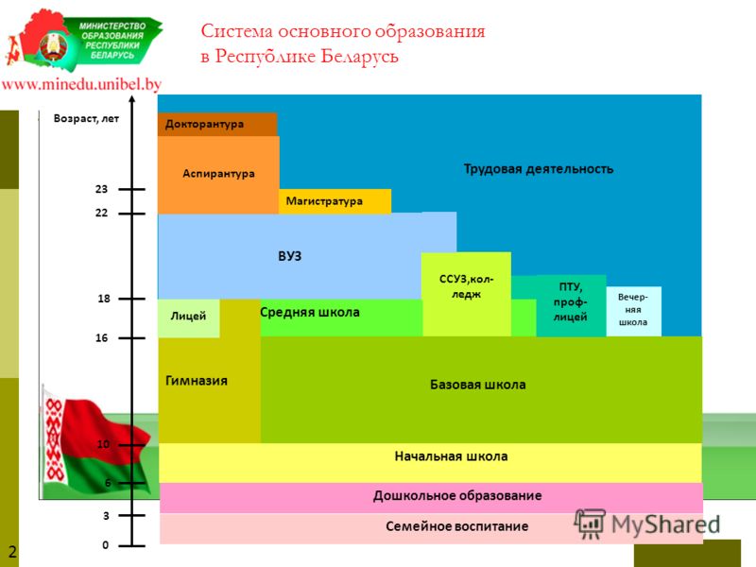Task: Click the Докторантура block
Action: (x=217, y=125)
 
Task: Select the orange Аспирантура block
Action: (x=218, y=175)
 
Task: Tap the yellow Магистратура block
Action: (x=335, y=201)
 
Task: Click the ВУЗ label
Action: (x=290, y=256)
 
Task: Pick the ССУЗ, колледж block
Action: (x=466, y=294)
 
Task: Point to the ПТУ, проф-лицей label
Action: (x=571, y=301)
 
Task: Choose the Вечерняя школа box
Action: (x=633, y=311)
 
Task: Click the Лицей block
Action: (x=188, y=318)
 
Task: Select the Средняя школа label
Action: (x=310, y=313)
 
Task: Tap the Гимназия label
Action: (x=197, y=381)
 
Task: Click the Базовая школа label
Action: (x=478, y=385)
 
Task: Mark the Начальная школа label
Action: (x=452, y=456)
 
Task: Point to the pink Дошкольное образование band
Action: (x=431, y=498)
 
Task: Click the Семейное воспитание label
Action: (x=457, y=526)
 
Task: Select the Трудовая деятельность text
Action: (x=539, y=169)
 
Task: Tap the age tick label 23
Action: (x=101, y=189)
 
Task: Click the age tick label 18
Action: (x=104, y=299)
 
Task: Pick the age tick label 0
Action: (x=106, y=545)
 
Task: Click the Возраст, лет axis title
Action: (x=86, y=119)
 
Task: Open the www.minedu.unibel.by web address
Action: (x=81, y=84)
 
